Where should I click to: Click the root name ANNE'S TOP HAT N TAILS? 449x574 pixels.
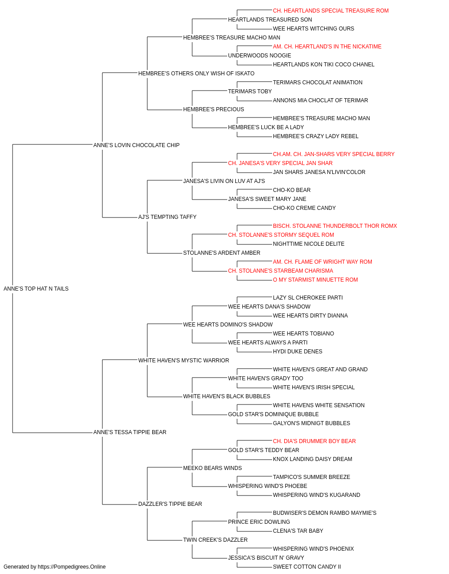click(x=36, y=289)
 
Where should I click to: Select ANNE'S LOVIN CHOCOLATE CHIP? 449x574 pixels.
click(x=136, y=145)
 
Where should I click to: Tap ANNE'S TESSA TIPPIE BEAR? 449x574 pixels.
click(x=130, y=432)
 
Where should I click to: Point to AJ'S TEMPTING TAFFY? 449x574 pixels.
click(x=167, y=217)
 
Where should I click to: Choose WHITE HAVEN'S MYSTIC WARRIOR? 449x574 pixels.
click(x=184, y=361)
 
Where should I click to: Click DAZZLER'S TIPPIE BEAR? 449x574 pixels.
click(x=170, y=504)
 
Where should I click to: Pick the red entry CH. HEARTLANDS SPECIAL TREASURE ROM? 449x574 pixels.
click(x=331, y=11)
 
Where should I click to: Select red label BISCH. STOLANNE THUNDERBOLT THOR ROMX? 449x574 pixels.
click(x=335, y=226)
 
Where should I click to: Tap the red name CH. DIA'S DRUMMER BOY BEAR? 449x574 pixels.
click(x=314, y=441)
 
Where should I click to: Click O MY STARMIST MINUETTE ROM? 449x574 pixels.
click(x=316, y=280)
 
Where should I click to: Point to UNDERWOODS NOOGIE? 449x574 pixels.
click(x=260, y=56)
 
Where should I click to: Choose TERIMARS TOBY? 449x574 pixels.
click(x=250, y=91)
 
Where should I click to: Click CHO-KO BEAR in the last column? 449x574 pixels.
click(x=292, y=190)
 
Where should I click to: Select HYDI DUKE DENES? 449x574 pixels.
click(x=298, y=352)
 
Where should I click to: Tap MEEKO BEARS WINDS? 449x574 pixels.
click(x=212, y=468)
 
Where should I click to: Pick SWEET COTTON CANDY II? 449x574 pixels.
click(x=307, y=567)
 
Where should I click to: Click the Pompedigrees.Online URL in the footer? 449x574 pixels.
click(x=72, y=567)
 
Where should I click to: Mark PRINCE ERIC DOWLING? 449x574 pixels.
click(x=259, y=522)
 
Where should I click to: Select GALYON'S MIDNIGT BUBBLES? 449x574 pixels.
click(x=312, y=423)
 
